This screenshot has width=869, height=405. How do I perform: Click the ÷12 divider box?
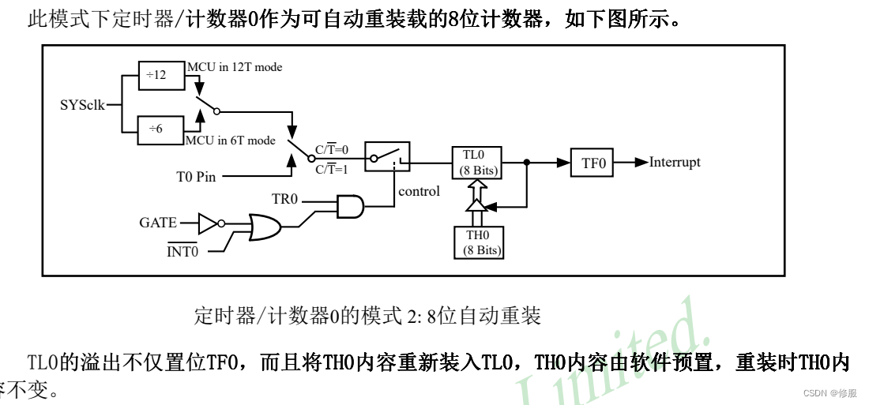pos(157,75)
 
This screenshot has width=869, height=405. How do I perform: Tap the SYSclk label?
pos(83,104)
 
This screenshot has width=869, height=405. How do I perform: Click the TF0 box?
pos(593,163)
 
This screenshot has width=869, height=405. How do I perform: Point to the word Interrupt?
pos(675,163)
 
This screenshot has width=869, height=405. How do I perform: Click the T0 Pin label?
pos(195,177)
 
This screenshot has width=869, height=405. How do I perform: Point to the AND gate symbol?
pos(350,207)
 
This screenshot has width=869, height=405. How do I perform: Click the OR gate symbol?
pos(264,228)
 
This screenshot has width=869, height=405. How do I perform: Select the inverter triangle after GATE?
pos(208,223)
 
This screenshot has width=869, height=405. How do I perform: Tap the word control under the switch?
pos(419,191)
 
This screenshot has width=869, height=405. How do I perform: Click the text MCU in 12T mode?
pos(235,67)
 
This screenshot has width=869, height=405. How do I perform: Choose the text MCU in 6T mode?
pos(231,141)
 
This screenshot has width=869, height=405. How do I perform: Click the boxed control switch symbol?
pos(387,156)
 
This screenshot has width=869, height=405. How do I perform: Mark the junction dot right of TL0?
pos(527,163)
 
